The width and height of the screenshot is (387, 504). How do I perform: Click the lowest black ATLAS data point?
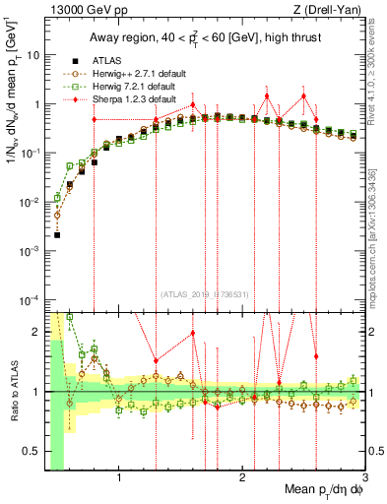57,235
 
